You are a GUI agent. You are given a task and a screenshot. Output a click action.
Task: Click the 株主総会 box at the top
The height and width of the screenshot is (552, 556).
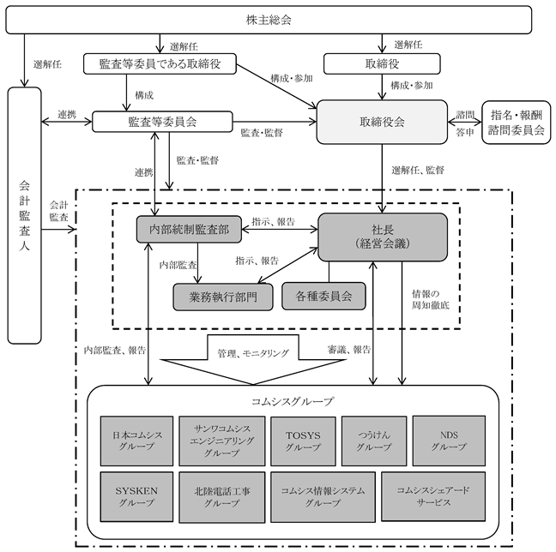[269, 20]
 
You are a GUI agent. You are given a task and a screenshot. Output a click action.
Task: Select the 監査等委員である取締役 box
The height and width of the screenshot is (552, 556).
[160, 63]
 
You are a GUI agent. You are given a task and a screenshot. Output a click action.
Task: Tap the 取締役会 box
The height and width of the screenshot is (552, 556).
[382, 123]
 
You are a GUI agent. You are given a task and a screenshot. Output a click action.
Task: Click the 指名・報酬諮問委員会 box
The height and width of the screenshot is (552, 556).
[517, 123]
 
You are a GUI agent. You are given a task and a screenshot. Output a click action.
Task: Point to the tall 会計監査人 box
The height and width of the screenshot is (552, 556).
[25, 215]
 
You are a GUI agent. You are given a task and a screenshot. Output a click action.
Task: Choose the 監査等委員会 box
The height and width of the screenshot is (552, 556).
[162, 122]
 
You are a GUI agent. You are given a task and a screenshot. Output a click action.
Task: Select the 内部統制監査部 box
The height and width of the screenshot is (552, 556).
[189, 229]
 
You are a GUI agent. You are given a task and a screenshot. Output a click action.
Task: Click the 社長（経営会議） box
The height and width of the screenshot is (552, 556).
[383, 237]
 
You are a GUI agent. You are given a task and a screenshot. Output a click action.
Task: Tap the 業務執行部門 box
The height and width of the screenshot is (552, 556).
[223, 297]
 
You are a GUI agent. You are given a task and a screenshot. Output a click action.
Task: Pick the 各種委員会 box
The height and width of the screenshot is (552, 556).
[323, 297]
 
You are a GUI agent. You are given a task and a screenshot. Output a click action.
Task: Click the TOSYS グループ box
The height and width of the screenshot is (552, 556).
[303, 441]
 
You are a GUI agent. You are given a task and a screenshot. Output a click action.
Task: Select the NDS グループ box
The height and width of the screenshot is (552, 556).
[449, 441]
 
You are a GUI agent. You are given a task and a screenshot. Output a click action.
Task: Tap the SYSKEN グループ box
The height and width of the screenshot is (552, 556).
[136, 497]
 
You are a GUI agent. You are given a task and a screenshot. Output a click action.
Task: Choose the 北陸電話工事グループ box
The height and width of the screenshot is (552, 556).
[222, 497]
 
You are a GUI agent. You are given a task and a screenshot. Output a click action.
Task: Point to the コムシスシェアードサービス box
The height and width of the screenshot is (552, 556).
[433, 496]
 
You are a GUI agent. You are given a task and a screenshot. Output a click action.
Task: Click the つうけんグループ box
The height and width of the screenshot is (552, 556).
[374, 441]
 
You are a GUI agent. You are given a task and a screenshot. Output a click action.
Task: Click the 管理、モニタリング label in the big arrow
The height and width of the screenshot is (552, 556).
[253, 353]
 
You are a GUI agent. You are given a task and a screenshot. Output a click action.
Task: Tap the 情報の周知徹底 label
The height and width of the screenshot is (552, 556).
[430, 299]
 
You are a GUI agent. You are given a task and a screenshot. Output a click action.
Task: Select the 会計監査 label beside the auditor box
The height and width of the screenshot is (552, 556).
[58, 211]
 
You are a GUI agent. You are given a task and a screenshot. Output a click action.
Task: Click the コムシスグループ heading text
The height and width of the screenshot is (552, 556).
[293, 401]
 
